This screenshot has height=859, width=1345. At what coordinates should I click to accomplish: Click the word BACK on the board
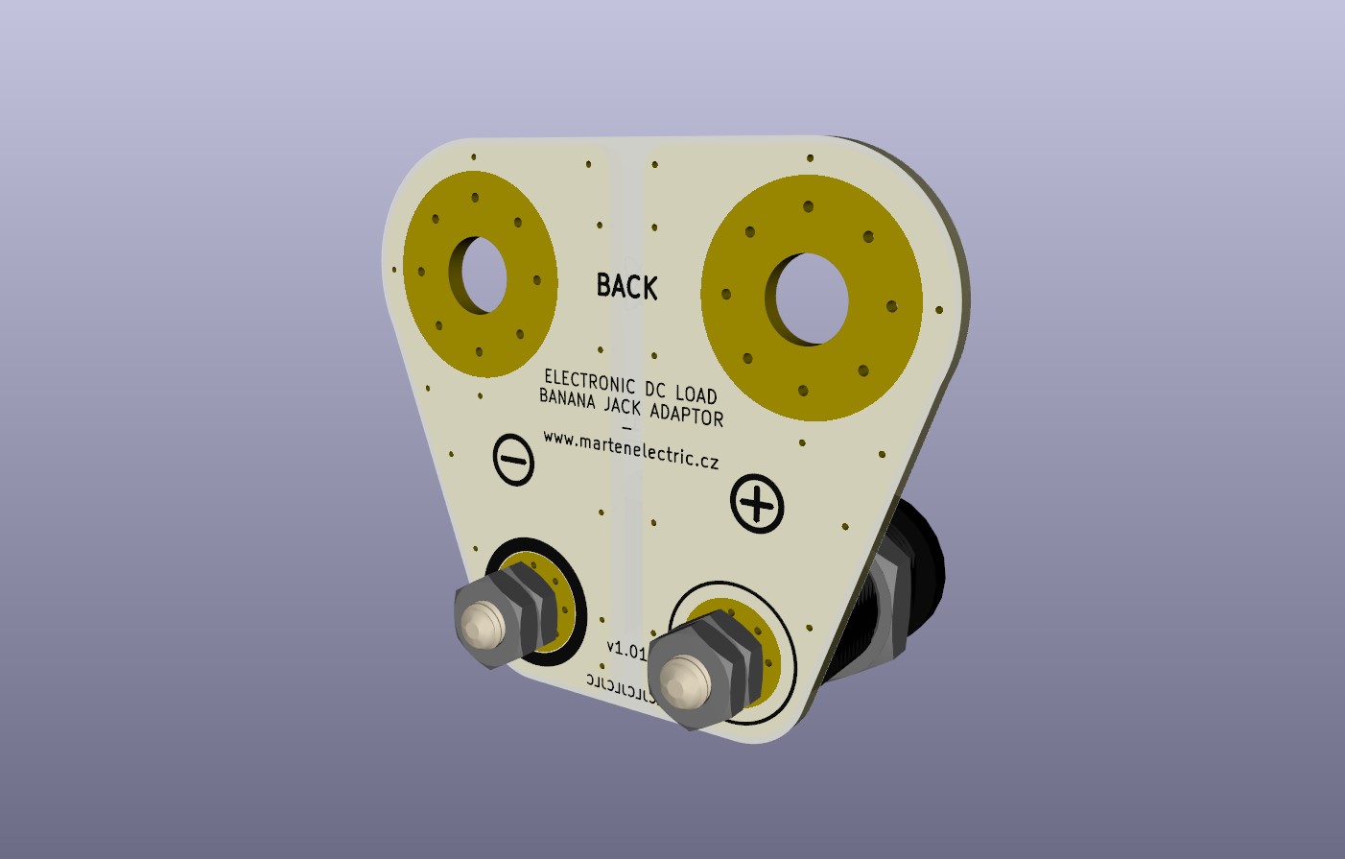(x=626, y=286)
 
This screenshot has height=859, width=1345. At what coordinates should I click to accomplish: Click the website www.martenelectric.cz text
(x=630, y=449)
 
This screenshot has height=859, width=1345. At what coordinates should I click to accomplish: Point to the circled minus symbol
(x=513, y=460)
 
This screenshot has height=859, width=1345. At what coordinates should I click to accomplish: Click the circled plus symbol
(x=757, y=504)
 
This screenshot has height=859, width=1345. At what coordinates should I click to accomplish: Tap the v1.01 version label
(x=626, y=650)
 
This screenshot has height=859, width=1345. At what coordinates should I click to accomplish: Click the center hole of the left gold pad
(x=484, y=274)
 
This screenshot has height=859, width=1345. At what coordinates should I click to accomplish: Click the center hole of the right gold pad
(x=812, y=298)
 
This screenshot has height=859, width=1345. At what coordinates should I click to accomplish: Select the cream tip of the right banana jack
(x=685, y=677)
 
